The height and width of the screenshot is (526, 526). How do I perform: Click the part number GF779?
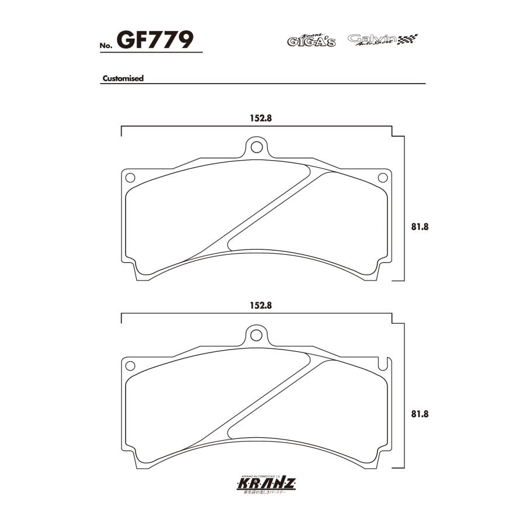click(155, 40)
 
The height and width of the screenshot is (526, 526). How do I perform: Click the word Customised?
click(123, 78)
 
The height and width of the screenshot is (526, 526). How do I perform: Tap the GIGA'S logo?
click(311, 40)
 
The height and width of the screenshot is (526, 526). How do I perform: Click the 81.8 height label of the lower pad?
click(420, 414)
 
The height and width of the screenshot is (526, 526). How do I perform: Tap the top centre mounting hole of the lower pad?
click(255, 334)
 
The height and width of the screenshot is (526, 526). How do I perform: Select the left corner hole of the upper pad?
click(130, 177)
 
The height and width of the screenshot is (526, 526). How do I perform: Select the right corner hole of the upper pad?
click(383, 177)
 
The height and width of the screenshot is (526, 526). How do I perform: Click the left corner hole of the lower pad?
click(130, 365)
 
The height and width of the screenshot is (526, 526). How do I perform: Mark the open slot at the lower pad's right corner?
click(383, 364)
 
